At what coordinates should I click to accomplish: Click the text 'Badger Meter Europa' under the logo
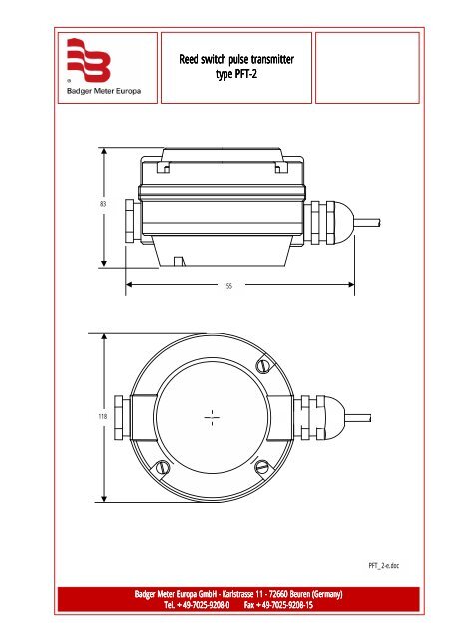[104, 90]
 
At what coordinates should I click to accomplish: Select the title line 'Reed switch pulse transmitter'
[236, 61]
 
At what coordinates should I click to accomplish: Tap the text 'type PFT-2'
[236, 75]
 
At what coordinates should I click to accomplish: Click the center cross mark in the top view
[213, 417]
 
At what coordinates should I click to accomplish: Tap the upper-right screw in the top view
[261, 365]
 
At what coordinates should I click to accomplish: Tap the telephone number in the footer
[197, 606]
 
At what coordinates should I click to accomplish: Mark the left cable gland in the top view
[120, 416]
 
